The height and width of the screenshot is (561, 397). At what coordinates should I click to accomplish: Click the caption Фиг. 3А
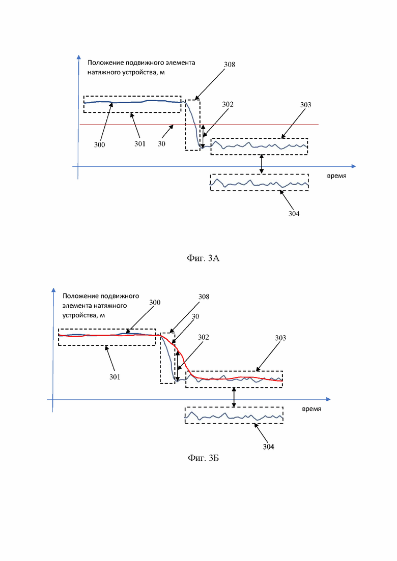[x=203, y=258]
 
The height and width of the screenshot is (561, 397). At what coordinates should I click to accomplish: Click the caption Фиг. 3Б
[x=203, y=458]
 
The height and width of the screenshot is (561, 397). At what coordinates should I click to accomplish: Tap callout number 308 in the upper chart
[x=230, y=65]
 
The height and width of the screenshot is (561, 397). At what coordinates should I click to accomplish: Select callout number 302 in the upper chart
[x=228, y=104]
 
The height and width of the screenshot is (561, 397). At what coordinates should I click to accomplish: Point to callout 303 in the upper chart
[x=305, y=104]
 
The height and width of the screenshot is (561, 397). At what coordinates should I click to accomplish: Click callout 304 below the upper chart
[x=294, y=214]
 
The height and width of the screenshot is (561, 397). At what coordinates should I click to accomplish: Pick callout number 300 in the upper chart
[x=100, y=144]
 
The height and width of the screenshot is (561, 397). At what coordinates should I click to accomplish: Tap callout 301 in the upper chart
[x=140, y=143]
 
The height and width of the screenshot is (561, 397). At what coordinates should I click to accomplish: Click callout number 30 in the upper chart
[x=162, y=143]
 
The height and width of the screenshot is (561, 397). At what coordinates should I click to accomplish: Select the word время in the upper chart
[x=336, y=175]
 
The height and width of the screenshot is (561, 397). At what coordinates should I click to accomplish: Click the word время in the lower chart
[x=311, y=408]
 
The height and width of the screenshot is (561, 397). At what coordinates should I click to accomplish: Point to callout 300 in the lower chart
[x=155, y=302]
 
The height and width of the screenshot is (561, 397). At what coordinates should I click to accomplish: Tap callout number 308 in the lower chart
[x=204, y=297]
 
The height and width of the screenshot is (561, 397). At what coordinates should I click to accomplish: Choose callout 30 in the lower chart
[x=195, y=316]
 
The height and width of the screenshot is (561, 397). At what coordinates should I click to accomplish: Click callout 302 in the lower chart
[x=203, y=337]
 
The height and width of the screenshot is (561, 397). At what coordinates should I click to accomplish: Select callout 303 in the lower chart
[x=280, y=338]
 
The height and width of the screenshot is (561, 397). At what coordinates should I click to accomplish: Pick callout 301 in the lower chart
[x=115, y=377]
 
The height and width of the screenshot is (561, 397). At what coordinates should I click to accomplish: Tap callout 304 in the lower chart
[x=269, y=447]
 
